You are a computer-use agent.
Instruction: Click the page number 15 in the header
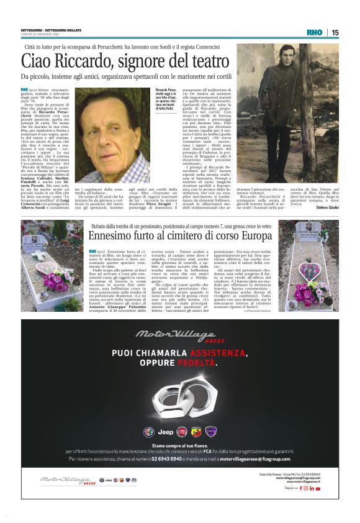(335, 32)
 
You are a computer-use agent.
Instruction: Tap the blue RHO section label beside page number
(315, 32)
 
